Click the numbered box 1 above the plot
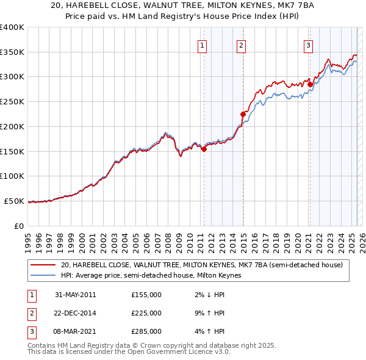pyautogui.click(x=202, y=45)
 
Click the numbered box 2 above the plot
pyautogui.click(x=242, y=45)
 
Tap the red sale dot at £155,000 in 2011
pyautogui.click(x=204, y=148)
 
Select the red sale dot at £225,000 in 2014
pyautogui.click(x=243, y=113)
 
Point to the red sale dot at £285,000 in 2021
pyautogui.click(x=310, y=84)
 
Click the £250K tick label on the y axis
pyautogui.click(x=12, y=101)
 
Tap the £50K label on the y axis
pyautogui.click(x=14, y=201)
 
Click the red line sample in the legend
pyautogui.click(x=43, y=265)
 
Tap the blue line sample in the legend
pyautogui.click(x=43, y=275)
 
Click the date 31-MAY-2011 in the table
pyautogui.click(x=75, y=295)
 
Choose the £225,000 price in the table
pyautogui.click(x=146, y=313)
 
